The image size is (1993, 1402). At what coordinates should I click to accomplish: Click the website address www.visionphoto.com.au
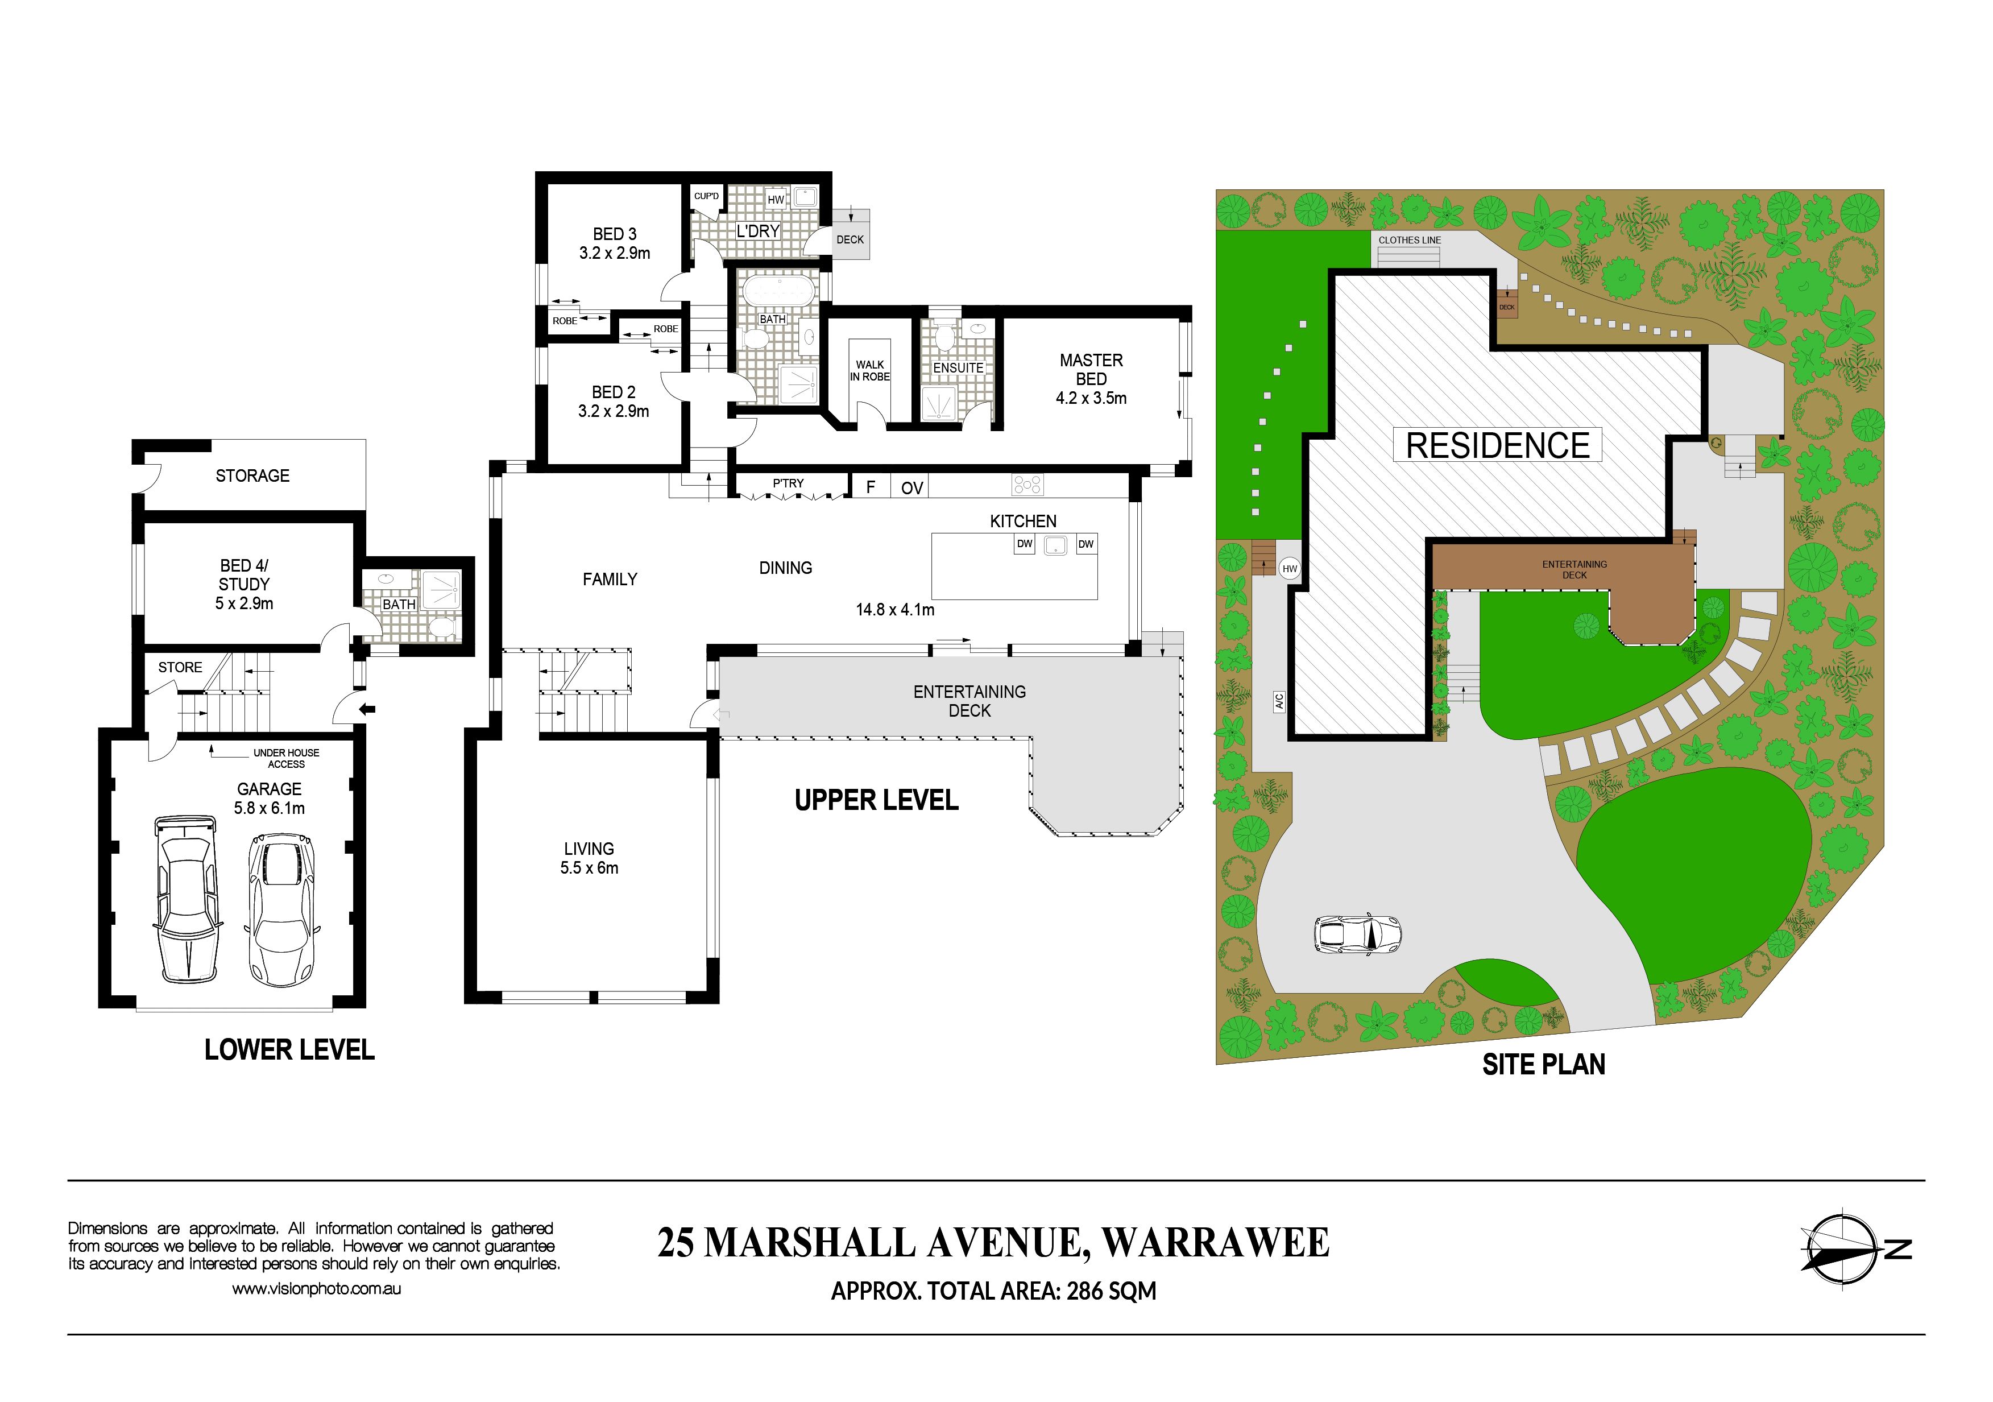[316, 1289]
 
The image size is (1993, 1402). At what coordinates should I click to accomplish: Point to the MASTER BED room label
[1091, 369]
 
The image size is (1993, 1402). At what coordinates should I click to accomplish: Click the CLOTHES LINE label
[1410, 239]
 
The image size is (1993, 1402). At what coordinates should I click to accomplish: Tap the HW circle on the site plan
[1290, 569]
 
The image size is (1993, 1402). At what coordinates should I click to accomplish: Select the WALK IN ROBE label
[870, 371]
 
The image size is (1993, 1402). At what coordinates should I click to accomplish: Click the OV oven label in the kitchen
[911, 488]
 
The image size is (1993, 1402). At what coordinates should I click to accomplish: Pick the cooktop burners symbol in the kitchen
[1027, 485]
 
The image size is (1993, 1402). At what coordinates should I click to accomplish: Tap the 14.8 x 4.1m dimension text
[895, 609]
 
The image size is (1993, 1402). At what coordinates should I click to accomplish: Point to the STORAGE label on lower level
[252, 475]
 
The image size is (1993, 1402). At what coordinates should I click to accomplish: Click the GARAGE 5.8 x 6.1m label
[269, 799]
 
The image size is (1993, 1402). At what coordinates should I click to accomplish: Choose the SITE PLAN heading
[1543, 1064]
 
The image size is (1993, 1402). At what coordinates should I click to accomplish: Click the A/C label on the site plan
[1279, 701]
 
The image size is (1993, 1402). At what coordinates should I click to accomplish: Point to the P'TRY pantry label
[788, 483]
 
